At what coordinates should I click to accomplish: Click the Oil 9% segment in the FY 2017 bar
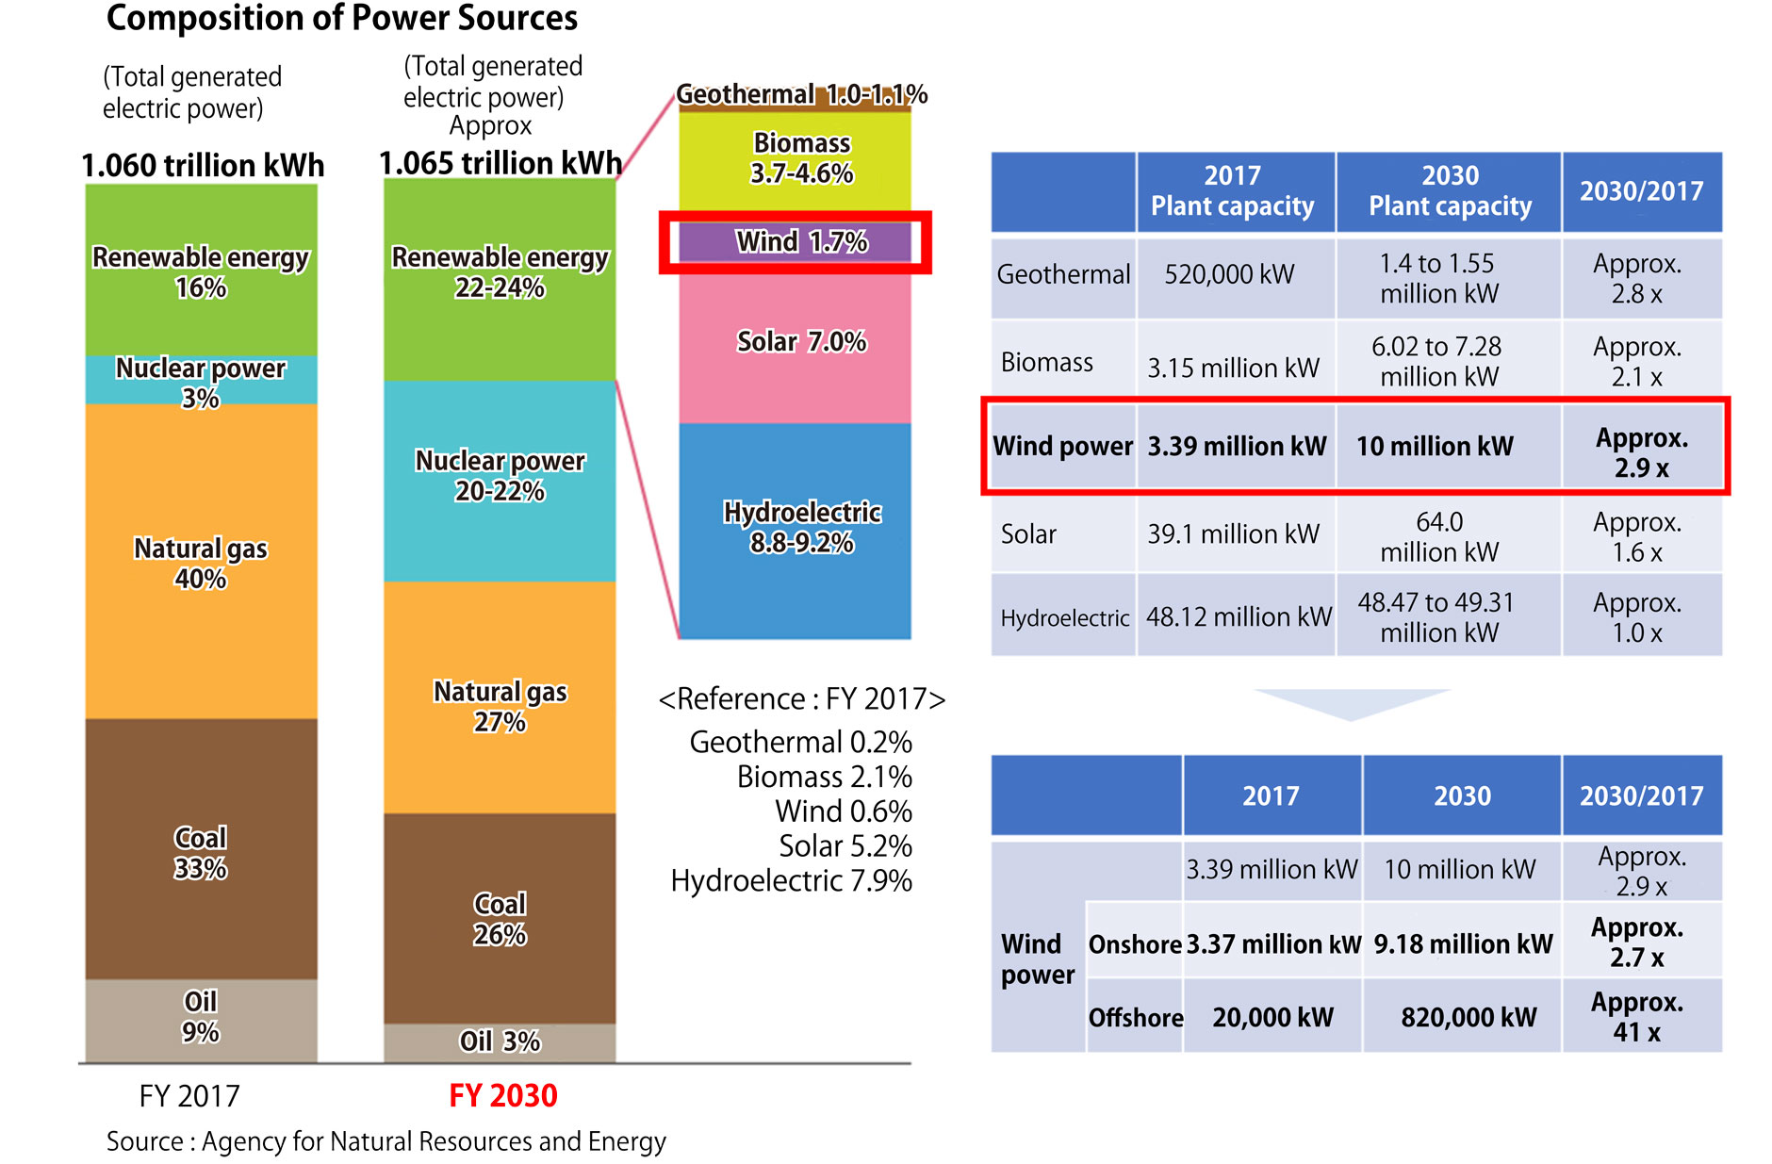pos(201,1018)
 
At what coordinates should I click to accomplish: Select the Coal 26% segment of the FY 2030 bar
pos(500,919)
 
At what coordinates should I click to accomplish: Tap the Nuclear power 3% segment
pos(201,381)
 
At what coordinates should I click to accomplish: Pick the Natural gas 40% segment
pos(201,563)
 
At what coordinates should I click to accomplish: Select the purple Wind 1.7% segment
pos(796,242)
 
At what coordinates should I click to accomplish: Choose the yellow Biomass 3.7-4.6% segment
pos(796,158)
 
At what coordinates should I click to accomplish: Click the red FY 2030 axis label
pos(502,1095)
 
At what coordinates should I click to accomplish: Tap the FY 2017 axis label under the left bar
pos(189,1096)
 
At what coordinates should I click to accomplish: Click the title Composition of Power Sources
pos(342,18)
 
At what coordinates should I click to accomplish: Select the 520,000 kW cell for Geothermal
pos(1230,274)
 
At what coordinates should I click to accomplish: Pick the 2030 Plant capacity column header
pos(1449,191)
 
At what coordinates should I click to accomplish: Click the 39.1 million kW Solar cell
pos(1233,534)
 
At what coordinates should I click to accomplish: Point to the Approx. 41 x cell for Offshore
pos(1640,1016)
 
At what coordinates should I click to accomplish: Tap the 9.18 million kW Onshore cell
pos(1462,943)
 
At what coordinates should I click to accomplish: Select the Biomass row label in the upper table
pos(1047,363)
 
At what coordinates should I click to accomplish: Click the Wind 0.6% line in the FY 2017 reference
pos(843,812)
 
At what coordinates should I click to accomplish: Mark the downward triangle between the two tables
pos(1351,703)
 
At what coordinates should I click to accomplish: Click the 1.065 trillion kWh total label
pos(500,163)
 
